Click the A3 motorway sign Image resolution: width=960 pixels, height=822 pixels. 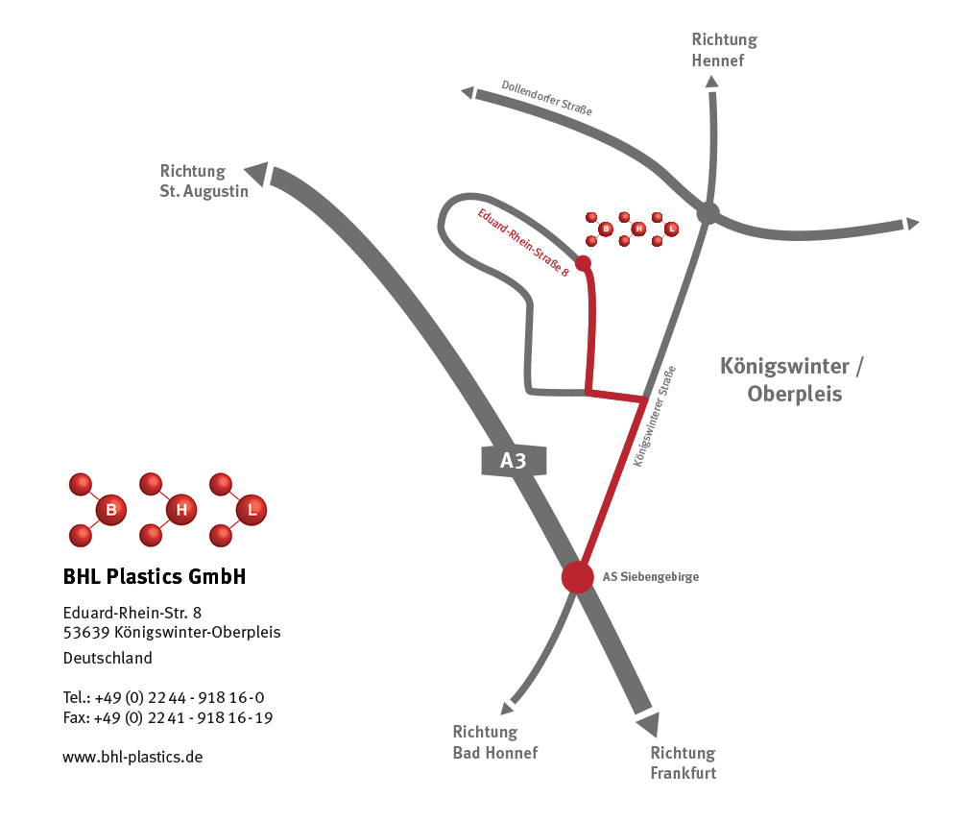tap(514, 461)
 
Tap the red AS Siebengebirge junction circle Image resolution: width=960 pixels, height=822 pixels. tap(577, 577)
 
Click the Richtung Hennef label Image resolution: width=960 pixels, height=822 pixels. tap(724, 50)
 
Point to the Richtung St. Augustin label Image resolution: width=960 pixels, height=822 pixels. tap(204, 181)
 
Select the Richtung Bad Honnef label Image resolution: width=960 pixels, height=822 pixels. tap(494, 742)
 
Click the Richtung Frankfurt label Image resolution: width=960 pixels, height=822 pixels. tap(683, 762)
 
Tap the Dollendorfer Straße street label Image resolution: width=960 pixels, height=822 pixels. tap(546, 98)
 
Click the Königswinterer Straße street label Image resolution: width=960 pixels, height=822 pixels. tap(656, 416)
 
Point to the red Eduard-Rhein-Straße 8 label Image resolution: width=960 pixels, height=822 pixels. tap(523, 243)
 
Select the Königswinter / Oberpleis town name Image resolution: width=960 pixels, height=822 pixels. tap(793, 379)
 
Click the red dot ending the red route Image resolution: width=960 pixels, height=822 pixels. tap(583, 262)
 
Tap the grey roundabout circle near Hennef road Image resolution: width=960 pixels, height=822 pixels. tap(708, 212)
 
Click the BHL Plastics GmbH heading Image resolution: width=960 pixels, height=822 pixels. tap(155, 576)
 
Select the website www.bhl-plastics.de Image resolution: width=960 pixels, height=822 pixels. tap(132, 757)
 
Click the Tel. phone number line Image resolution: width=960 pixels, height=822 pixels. tap(163, 697)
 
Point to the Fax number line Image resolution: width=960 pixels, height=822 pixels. tap(167, 717)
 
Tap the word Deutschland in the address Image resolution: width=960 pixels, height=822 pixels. tap(108, 658)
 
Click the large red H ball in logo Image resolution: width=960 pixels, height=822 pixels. tap(181, 509)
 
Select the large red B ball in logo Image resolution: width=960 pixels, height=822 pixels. tap(111, 509)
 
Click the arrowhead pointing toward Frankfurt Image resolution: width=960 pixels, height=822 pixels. tap(649, 724)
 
